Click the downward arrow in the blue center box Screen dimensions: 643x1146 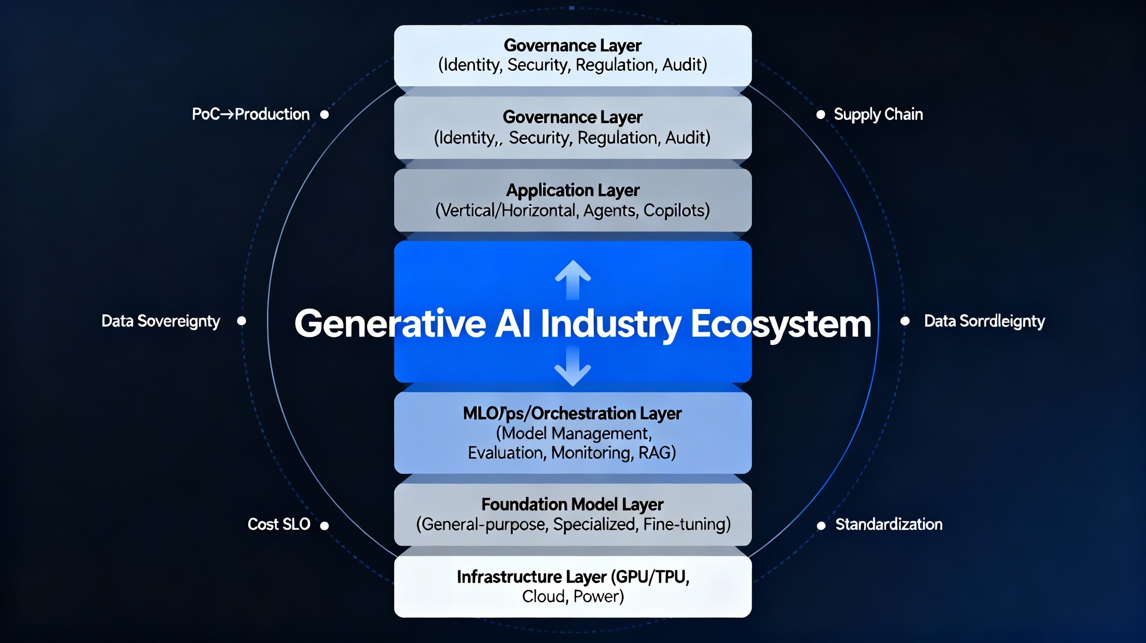pyautogui.click(x=573, y=367)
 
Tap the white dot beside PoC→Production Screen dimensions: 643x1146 pyautogui.click(x=325, y=115)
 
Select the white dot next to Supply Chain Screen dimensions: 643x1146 pyautogui.click(x=821, y=115)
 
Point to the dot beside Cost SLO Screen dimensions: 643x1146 pyautogui.click(x=325, y=526)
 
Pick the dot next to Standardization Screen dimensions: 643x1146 pyautogui.click(x=821, y=526)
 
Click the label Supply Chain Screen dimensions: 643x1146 pyautogui.click(x=878, y=115)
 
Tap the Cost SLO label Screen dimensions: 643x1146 pyautogui.click(x=279, y=524)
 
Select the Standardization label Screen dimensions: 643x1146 pyautogui.click(x=889, y=524)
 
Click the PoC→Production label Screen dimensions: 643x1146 pyautogui.click(x=250, y=114)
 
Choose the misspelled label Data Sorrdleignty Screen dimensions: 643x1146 pyautogui.click(x=984, y=321)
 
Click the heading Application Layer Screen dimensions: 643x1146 pyautogui.click(x=573, y=190)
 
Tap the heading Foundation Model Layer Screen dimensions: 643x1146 pyautogui.click(x=573, y=504)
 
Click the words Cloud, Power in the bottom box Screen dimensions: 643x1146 pyautogui.click(x=573, y=596)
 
